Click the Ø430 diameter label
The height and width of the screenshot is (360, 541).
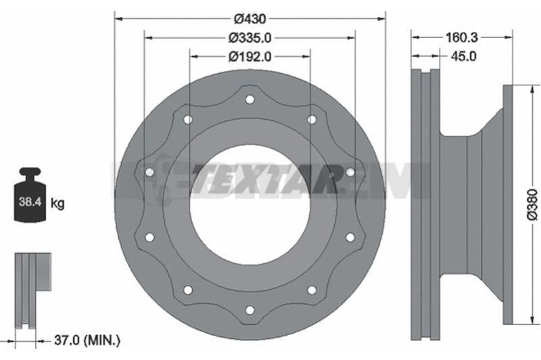click(x=250, y=19)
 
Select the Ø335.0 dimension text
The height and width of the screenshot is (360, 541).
click(x=250, y=38)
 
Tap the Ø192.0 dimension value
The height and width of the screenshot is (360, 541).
click(x=250, y=56)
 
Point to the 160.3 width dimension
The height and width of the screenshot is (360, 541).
click(x=462, y=37)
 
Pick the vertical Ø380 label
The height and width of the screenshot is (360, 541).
click(x=532, y=204)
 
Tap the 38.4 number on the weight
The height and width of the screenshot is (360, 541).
click(x=30, y=202)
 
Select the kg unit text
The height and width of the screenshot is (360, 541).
click(x=57, y=203)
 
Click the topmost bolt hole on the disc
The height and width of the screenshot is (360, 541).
click(x=250, y=99)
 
